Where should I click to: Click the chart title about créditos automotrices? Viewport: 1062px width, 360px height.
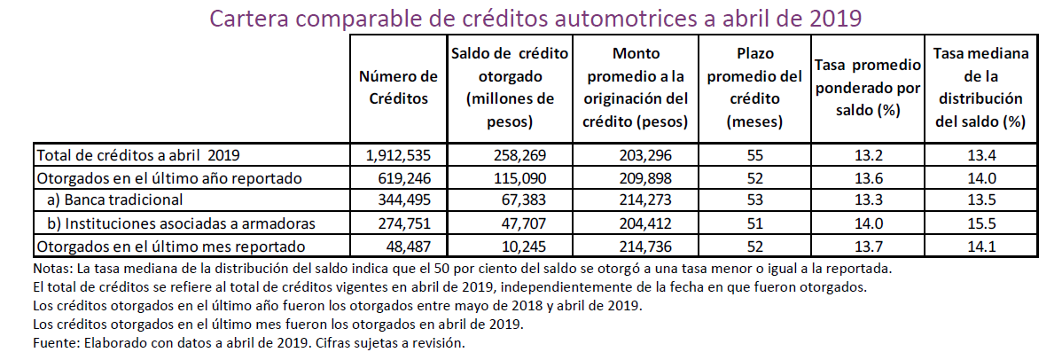click(x=535, y=17)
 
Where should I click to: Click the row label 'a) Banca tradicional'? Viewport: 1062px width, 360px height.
click(x=115, y=200)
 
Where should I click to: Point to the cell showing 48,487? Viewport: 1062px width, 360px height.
click(x=403, y=246)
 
